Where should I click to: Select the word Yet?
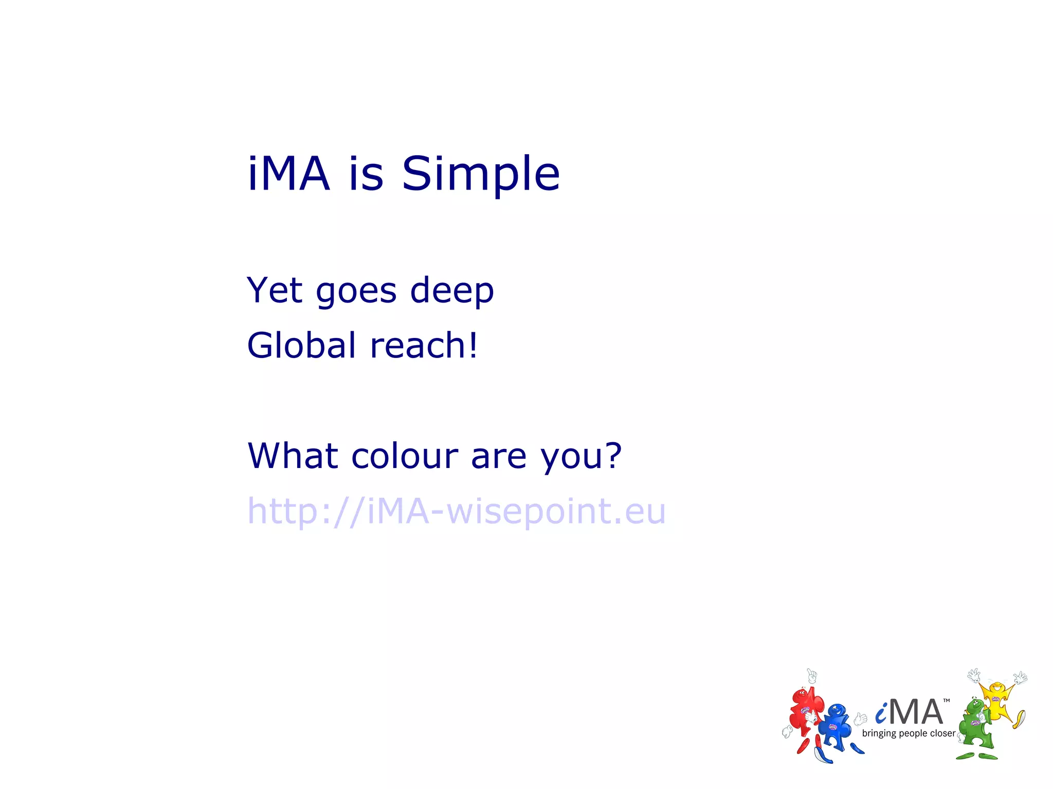tap(275, 290)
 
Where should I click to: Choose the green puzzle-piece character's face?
tap(973, 708)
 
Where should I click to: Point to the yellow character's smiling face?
tap(996, 688)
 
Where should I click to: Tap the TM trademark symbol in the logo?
tap(947, 701)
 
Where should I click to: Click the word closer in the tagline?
tap(942, 733)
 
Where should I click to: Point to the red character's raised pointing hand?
tap(812, 675)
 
